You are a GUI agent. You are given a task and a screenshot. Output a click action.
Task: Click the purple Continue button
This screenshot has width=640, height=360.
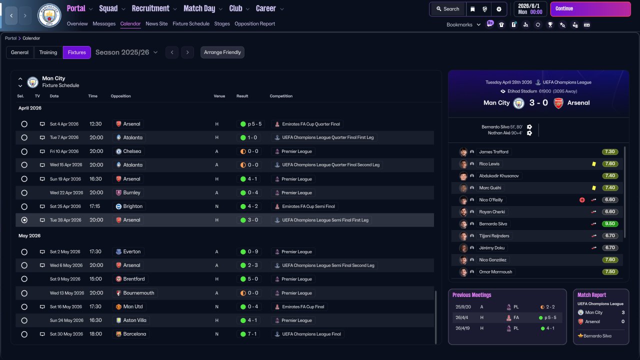590,9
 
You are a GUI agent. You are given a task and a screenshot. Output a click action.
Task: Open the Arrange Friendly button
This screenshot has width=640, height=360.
222,52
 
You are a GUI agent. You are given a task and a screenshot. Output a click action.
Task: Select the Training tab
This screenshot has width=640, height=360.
48,52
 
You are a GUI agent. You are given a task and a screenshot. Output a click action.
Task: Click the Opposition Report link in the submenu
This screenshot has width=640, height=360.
254,23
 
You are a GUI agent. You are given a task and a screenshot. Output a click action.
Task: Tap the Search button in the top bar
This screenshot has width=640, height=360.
447,9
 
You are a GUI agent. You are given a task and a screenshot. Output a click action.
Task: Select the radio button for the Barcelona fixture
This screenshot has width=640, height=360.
24,334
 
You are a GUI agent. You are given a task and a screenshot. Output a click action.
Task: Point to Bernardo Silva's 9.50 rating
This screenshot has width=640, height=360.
609,223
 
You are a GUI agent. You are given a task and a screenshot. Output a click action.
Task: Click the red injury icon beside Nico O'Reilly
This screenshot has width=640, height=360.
582,200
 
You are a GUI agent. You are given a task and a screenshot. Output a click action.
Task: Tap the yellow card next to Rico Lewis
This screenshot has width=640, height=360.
593,164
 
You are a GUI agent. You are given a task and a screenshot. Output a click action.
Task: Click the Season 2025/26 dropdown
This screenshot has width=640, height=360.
126,52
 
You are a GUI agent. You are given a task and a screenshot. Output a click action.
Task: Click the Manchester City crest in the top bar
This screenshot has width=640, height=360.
49,15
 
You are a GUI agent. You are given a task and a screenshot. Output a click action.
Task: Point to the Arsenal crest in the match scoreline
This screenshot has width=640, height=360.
558,103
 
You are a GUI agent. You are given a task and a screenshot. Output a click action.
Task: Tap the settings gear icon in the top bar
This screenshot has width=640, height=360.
499,9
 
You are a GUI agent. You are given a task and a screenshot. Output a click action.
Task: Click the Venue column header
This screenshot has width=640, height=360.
219,96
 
